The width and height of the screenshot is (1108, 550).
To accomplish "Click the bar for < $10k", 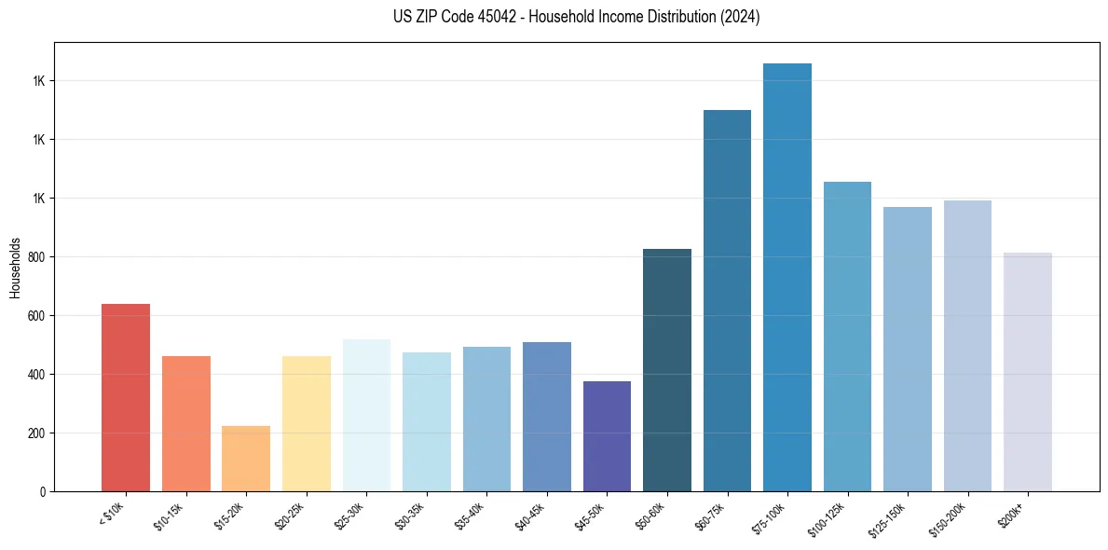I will point(126,397).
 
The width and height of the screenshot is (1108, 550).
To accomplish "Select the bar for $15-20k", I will point(246,458).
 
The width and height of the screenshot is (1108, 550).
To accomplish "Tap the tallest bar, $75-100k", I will point(787,277).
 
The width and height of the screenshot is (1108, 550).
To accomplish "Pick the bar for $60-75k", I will point(727,300).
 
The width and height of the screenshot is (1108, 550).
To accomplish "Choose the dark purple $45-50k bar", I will point(607,435).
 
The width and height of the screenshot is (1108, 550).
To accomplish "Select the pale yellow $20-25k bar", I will point(307,423).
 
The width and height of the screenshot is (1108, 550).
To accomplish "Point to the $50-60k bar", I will point(667,369).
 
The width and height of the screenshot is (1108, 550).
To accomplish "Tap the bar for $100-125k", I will point(847,336).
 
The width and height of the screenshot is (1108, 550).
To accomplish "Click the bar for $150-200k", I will point(967,345).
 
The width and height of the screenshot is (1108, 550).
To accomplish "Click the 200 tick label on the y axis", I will point(37,433).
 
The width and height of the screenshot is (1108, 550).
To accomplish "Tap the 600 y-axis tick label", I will point(37,316).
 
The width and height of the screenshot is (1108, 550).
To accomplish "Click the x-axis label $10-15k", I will point(170,516).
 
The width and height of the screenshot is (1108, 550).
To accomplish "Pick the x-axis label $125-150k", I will point(889,518).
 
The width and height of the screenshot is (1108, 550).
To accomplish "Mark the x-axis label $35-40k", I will point(471,516).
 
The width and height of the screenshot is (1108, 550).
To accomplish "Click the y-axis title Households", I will point(15,267).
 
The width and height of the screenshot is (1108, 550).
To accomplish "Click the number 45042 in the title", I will point(489,18).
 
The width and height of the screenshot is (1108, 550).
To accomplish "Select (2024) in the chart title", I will point(739,18).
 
